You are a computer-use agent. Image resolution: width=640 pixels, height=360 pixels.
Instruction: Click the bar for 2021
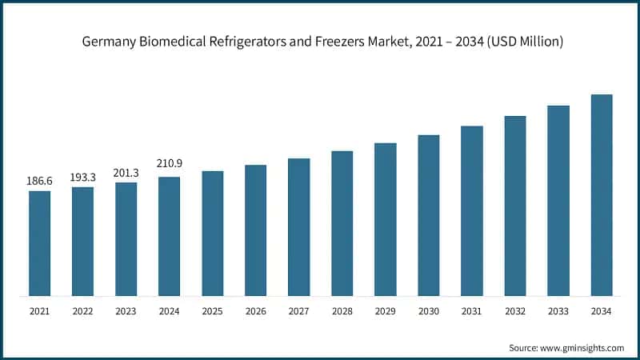point(39,242)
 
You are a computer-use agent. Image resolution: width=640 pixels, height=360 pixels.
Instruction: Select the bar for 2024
point(169,235)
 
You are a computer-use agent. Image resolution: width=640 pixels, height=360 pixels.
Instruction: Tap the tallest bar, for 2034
point(601,194)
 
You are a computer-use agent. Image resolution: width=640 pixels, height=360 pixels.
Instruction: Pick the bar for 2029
point(385,218)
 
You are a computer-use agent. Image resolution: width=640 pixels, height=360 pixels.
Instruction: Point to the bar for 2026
point(255,230)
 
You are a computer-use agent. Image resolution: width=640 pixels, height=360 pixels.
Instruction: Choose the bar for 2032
point(514,205)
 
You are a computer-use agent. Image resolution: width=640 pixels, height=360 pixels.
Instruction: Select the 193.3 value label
point(82,176)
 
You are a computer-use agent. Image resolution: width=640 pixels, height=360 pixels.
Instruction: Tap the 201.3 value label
point(126,171)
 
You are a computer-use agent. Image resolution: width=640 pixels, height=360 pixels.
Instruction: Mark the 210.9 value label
point(169,164)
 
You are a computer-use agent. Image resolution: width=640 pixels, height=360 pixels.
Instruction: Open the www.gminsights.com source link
point(582,348)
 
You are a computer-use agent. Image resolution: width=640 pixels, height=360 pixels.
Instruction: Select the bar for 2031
point(471,210)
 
